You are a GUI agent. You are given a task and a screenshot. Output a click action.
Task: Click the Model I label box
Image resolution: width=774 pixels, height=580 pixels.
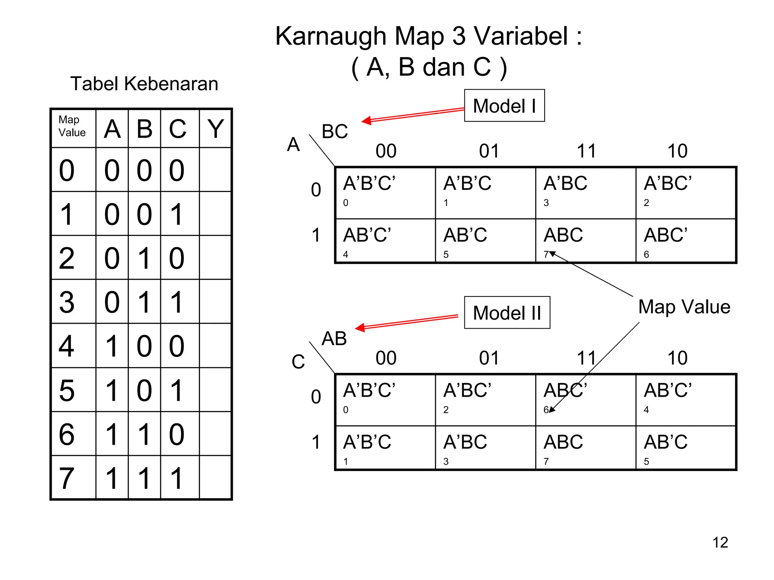click(x=504, y=105)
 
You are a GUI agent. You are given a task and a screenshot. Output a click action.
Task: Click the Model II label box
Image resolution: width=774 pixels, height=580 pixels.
click(x=507, y=313)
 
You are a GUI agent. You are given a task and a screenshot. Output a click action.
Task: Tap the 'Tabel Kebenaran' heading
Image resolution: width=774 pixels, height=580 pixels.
click(x=144, y=84)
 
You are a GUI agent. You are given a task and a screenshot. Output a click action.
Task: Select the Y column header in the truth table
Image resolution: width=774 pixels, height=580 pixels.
click(x=215, y=129)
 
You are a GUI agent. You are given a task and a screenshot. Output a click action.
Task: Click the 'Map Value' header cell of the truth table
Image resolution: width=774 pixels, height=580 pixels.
click(x=73, y=128)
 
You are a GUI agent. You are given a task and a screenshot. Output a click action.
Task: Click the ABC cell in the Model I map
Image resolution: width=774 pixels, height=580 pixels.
click(x=585, y=240)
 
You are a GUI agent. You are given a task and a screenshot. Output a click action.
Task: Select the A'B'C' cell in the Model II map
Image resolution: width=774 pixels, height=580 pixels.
click(x=385, y=399)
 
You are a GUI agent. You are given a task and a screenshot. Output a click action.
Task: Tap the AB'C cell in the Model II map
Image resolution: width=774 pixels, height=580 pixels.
click(x=686, y=448)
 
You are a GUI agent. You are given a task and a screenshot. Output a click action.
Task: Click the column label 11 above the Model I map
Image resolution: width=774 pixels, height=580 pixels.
click(x=586, y=151)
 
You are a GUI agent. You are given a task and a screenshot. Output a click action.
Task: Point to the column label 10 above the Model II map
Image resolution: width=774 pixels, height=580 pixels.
click(x=677, y=358)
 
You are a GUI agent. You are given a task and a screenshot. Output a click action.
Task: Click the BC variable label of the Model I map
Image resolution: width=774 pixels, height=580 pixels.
click(x=334, y=132)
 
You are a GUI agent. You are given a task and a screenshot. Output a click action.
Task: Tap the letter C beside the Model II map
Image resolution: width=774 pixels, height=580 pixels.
click(x=298, y=362)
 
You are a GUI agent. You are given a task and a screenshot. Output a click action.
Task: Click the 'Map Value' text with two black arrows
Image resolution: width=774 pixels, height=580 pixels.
click(x=684, y=307)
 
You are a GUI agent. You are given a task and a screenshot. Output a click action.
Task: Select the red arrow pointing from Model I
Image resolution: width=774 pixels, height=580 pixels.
click(x=412, y=115)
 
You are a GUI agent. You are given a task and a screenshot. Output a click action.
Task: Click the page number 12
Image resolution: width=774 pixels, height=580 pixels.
click(x=720, y=543)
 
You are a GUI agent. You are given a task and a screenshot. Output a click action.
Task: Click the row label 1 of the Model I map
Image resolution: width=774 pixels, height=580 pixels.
click(x=316, y=235)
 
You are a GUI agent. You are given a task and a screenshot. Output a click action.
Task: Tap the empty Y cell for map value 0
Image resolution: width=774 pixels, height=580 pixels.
click(x=215, y=170)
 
